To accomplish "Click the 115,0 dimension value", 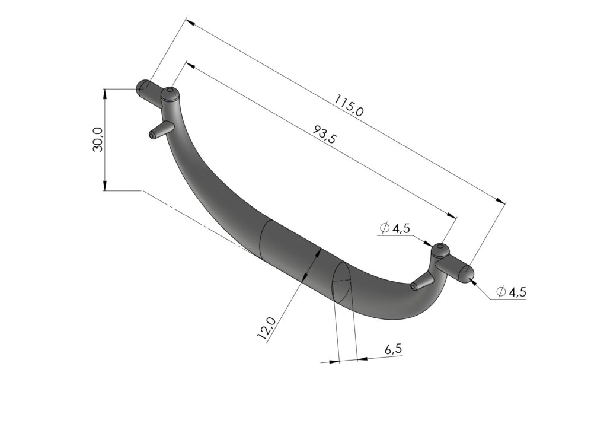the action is point(349,106).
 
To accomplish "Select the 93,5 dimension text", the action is point(324,134).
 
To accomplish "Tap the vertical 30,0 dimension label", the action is point(98,139).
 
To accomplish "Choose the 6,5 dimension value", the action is point(394,349).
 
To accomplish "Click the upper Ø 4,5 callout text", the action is point(395,228).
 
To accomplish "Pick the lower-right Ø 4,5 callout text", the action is point(511,292).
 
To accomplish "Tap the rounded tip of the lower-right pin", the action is point(468,274).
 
